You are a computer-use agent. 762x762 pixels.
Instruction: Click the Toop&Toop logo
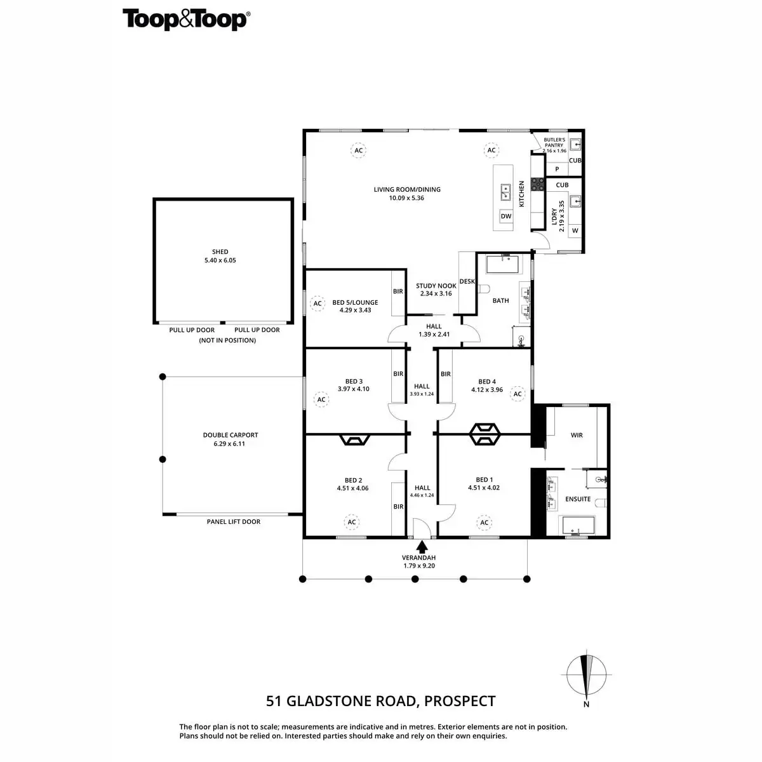185,19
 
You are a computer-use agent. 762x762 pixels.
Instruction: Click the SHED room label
220,252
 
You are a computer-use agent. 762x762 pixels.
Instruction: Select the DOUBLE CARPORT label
231,436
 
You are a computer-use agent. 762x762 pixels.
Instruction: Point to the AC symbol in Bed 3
321,399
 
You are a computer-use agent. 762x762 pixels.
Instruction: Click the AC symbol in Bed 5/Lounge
317,304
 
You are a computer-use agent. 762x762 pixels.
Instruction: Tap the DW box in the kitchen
506,216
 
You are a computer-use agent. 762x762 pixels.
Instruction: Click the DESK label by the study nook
467,281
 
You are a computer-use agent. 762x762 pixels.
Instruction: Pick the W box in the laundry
575,231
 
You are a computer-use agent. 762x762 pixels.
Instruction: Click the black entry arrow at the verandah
422,545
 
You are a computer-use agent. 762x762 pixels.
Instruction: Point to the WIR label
577,436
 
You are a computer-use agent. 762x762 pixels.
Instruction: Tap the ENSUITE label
578,499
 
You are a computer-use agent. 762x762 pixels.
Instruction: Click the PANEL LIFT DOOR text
234,522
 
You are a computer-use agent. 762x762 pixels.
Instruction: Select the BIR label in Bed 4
446,374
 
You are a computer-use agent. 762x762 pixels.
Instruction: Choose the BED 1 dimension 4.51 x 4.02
485,488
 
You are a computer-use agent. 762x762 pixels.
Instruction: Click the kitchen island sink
506,189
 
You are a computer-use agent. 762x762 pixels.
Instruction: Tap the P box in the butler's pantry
558,170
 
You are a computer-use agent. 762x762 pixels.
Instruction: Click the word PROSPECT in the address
460,701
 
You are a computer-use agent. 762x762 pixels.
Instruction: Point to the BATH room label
501,300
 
